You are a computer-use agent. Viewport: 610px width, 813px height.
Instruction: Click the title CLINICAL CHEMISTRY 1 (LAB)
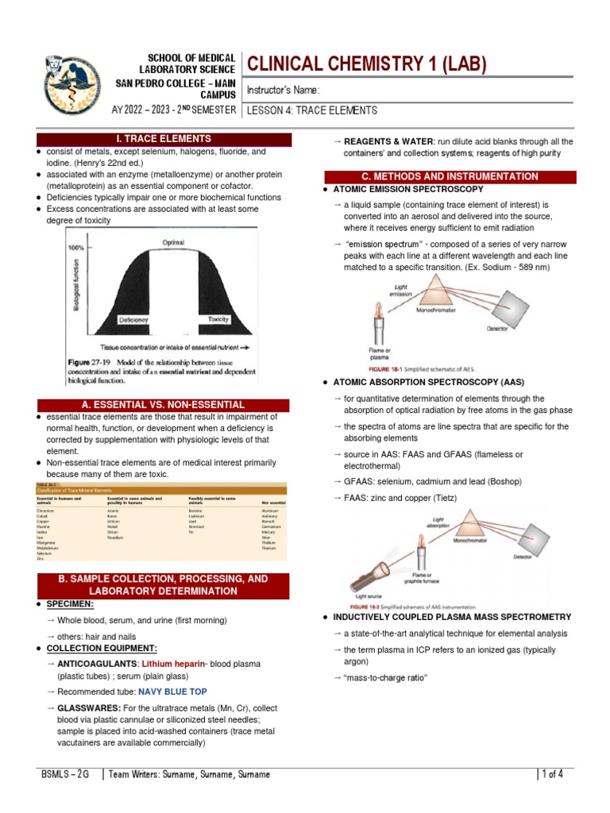coord(367,64)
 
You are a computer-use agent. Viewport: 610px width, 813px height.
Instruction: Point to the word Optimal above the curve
coord(173,242)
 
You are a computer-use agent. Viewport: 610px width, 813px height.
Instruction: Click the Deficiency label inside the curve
coord(133,319)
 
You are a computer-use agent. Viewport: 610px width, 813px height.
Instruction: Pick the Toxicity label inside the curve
coord(218,318)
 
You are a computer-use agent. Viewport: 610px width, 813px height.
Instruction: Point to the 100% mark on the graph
coord(76,248)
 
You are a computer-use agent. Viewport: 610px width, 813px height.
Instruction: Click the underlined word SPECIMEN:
coord(68,604)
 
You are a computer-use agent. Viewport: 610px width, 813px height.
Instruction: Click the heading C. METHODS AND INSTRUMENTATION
coord(446,175)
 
